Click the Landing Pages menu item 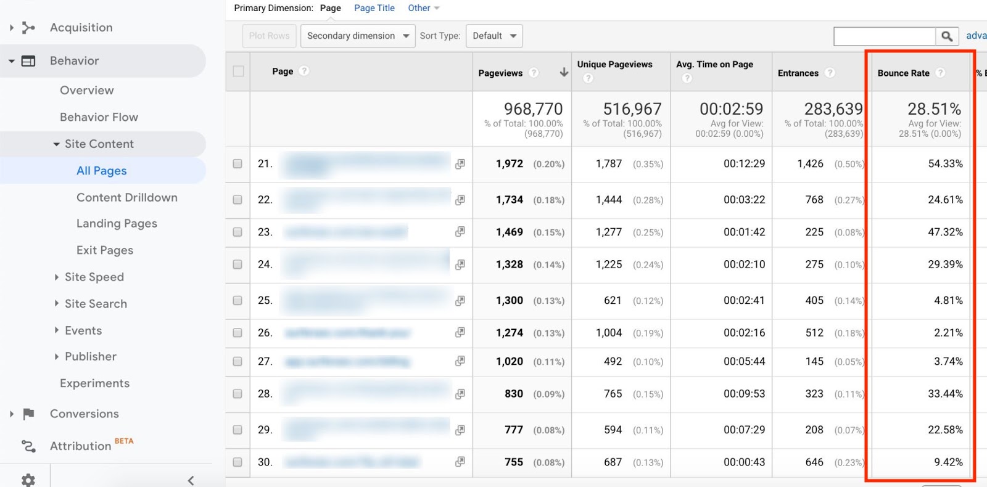pyautogui.click(x=117, y=224)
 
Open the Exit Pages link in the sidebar pyautogui.click(x=104, y=250)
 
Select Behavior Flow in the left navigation pyautogui.click(x=99, y=117)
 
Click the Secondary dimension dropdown pyautogui.click(x=358, y=36)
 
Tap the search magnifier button pyautogui.click(x=947, y=36)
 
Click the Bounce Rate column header pyautogui.click(x=903, y=73)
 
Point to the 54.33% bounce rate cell pyautogui.click(x=945, y=164)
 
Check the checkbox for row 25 pyautogui.click(x=237, y=300)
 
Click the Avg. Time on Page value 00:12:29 pyautogui.click(x=744, y=164)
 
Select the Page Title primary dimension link pyautogui.click(x=374, y=8)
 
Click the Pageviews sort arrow pyautogui.click(x=564, y=73)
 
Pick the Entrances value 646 pyautogui.click(x=814, y=462)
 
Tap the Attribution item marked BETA pyautogui.click(x=80, y=446)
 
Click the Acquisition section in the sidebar pyautogui.click(x=81, y=28)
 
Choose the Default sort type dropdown pyautogui.click(x=494, y=36)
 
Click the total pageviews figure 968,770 pyautogui.click(x=533, y=109)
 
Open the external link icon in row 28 pyautogui.click(x=460, y=394)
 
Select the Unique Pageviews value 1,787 pyautogui.click(x=608, y=164)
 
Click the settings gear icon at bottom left pyautogui.click(x=28, y=480)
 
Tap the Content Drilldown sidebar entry pyautogui.click(x=126, y=197)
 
